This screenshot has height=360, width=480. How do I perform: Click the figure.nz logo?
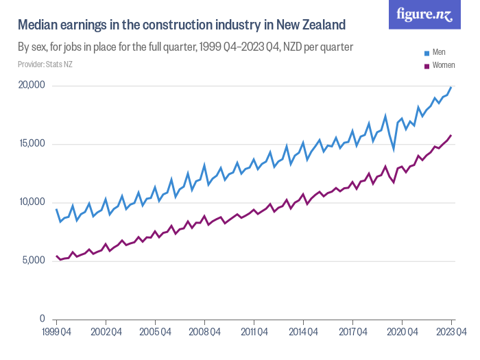(x=424, y=15)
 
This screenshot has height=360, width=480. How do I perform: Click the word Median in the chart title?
(x=38, y=25)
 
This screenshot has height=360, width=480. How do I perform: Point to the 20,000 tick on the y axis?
(x=31, y=85)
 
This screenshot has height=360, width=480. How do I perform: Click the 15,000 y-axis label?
(x=31, y=144)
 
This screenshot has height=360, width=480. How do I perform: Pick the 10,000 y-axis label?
(x=31, y=202)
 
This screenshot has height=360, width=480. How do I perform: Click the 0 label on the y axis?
(x=42, y=320)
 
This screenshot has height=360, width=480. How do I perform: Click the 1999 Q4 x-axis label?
(x=56, y=332)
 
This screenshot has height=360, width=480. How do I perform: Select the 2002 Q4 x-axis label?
(x=106, y=332)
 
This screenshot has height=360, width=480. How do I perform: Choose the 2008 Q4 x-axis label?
(x=204, y=332)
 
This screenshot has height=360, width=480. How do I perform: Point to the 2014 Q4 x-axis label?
(x=303, y=332)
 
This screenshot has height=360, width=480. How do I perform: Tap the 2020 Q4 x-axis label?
(x=402, y=332)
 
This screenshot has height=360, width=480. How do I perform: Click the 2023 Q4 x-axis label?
(x=451, y=332)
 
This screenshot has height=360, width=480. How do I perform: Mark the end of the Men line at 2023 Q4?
(x=451, y=87)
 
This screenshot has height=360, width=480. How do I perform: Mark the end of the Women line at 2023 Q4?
(x=451, y=135)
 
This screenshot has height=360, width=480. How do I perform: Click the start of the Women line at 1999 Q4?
(x=56, y=256)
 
